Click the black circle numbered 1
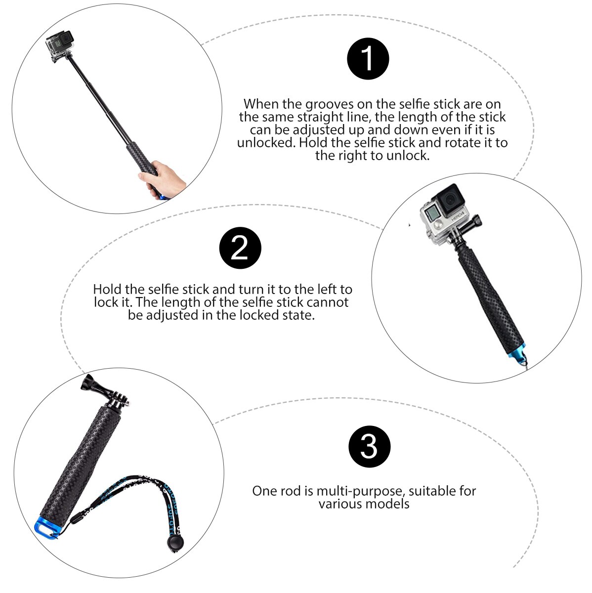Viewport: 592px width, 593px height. pos(368,58)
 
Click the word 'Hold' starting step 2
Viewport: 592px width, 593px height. pos(106,289)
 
